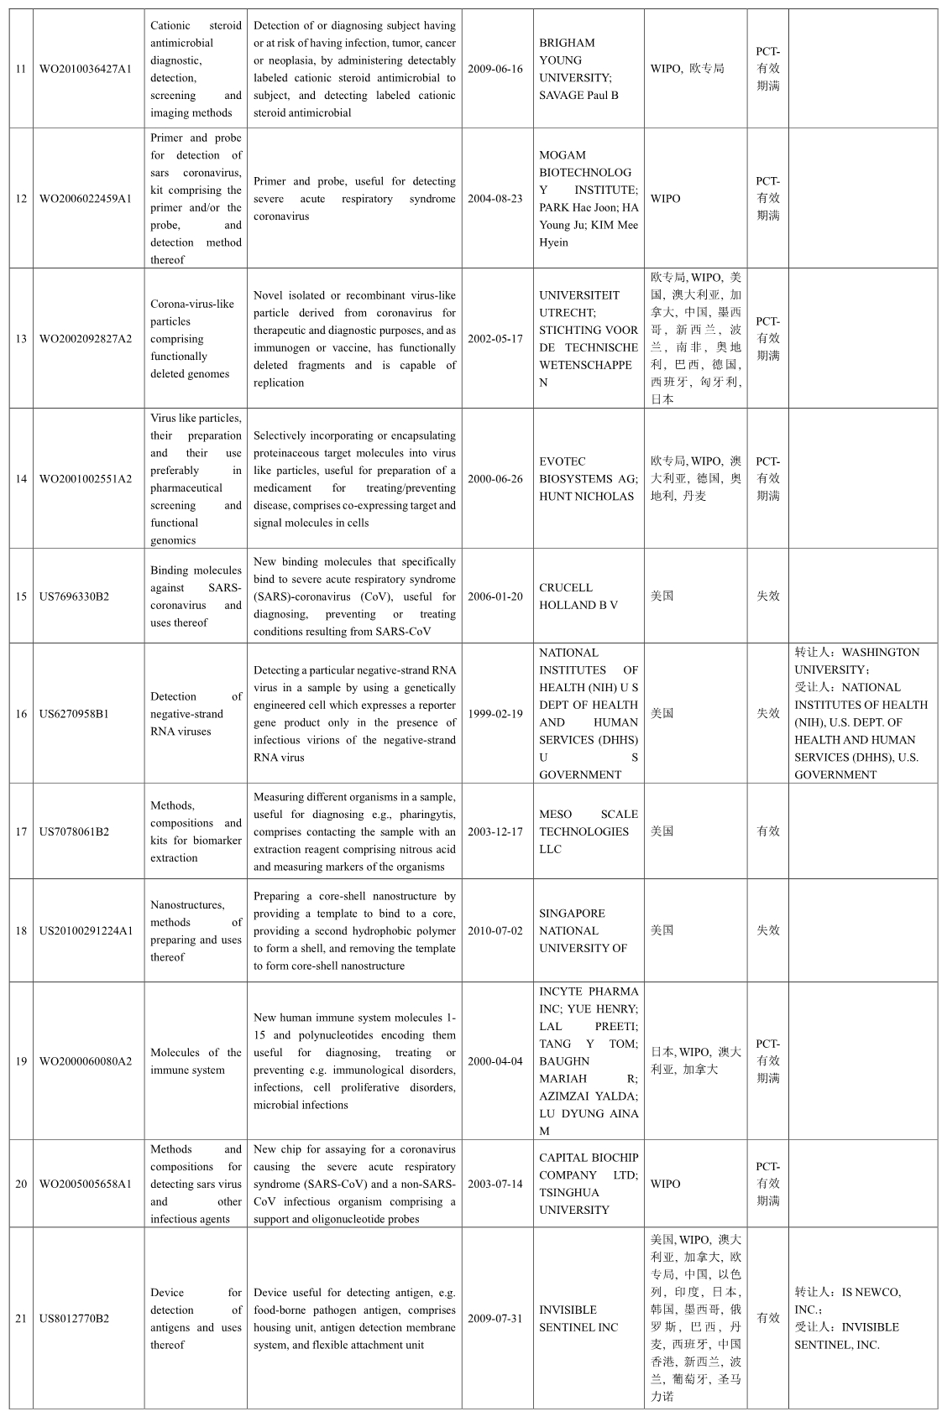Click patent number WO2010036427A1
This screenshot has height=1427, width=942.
[x=86, y=69]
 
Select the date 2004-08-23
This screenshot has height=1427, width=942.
[x=495, y=199]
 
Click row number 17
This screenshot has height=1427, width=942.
[x=21, y=832]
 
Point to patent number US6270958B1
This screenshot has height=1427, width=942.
[x=74, y=714]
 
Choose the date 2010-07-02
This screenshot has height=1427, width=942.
[x=495, y=930]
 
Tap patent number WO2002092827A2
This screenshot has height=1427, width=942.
[x=86, y=339]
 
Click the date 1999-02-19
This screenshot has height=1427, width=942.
[x=495, y=714]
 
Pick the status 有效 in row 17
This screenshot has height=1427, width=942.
[x=767, y=831]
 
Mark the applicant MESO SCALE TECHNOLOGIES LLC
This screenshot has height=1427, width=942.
[x=588, y=832]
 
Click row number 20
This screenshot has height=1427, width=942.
[x=21, y=1184]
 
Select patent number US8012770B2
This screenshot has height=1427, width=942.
[x=74, y=1319]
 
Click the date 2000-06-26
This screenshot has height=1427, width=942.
[x=495, y=479]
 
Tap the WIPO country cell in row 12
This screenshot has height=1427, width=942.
[x=665, y=199]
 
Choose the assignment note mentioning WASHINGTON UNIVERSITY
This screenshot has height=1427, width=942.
[x=861, y=713]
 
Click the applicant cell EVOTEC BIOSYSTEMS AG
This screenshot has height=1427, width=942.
[x=588, y=479]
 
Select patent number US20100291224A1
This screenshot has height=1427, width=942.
[x=86, y=930]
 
